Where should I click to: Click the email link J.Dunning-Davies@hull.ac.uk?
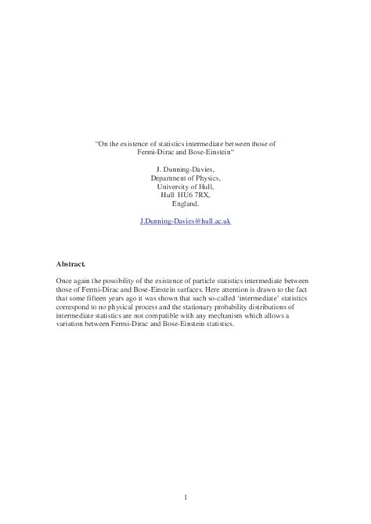coord(185,221)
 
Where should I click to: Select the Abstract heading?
coord(71,264)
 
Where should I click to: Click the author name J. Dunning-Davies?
coord(185,169)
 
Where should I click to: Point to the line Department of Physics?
coord(185,178)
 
